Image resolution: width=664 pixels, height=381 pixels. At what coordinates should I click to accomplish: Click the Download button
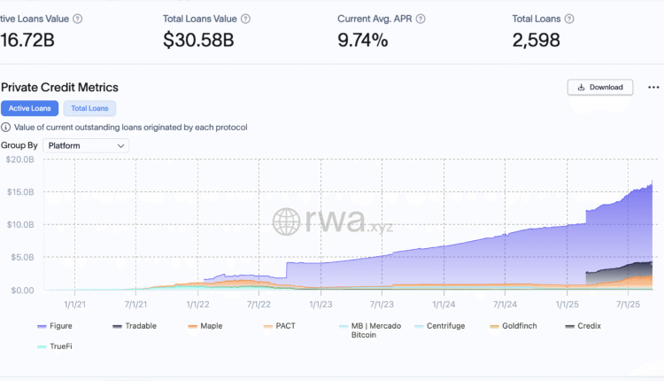coord(600,87)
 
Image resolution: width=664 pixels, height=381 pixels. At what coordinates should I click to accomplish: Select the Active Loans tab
coord(29,108)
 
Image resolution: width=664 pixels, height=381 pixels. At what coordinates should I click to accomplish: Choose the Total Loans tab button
coord(89,108)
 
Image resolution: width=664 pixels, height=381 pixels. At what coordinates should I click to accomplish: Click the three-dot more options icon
coord(653,87)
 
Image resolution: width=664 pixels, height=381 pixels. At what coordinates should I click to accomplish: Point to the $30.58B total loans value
coord(198,40)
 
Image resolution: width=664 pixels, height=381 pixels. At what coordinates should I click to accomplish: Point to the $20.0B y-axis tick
coord(20,159)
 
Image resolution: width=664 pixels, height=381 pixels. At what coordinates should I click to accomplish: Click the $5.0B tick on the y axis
coord(20,257)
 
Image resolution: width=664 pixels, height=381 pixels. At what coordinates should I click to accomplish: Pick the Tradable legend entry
coord(140,326)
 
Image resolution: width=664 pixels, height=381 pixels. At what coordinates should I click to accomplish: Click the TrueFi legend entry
coord(59,346)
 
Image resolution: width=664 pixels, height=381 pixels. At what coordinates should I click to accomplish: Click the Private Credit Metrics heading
coord(59,87)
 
